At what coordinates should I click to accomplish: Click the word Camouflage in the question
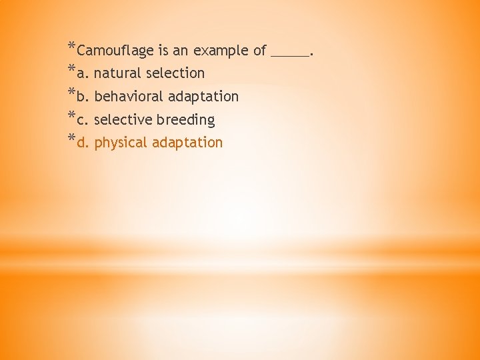(114, 51)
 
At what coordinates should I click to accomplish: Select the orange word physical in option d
(121, 143)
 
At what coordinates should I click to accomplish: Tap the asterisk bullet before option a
(71, 70)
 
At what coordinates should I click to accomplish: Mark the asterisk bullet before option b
(71, 93)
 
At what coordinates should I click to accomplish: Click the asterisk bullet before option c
(71, 117)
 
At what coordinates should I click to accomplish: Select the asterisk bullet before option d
(71, 139)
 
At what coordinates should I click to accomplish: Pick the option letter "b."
(83, 97)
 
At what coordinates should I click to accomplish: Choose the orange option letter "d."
(83, 143)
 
